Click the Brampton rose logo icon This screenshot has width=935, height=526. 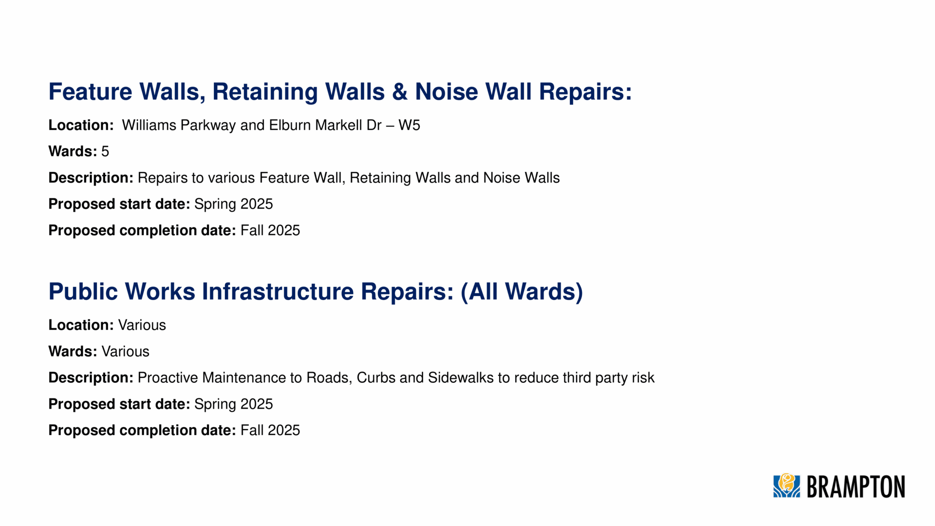click(x=786, y=486)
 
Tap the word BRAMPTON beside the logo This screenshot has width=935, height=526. click(x=856, y=487)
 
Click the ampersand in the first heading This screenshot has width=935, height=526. click(x=399, y=92)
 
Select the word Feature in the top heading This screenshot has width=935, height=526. click(x=90, y=92)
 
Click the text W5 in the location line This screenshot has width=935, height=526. click(x=409, y=125)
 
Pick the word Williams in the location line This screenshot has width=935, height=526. click(x=149, y=125)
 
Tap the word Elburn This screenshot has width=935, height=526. click(x=290, y=125)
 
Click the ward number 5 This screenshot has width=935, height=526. click(x=105, y=151)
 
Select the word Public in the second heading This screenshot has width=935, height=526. click(x=83, y=291)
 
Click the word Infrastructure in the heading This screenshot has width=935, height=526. click(x=278, y=291)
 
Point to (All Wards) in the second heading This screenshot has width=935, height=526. click(x=522, y=291)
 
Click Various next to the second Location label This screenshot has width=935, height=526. click(x=142, y=325)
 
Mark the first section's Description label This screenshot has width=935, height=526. click(x=91, y=178)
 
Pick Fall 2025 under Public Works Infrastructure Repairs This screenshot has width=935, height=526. click(x=270, y=430)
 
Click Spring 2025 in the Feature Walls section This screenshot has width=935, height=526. click(x=233, y=204)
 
